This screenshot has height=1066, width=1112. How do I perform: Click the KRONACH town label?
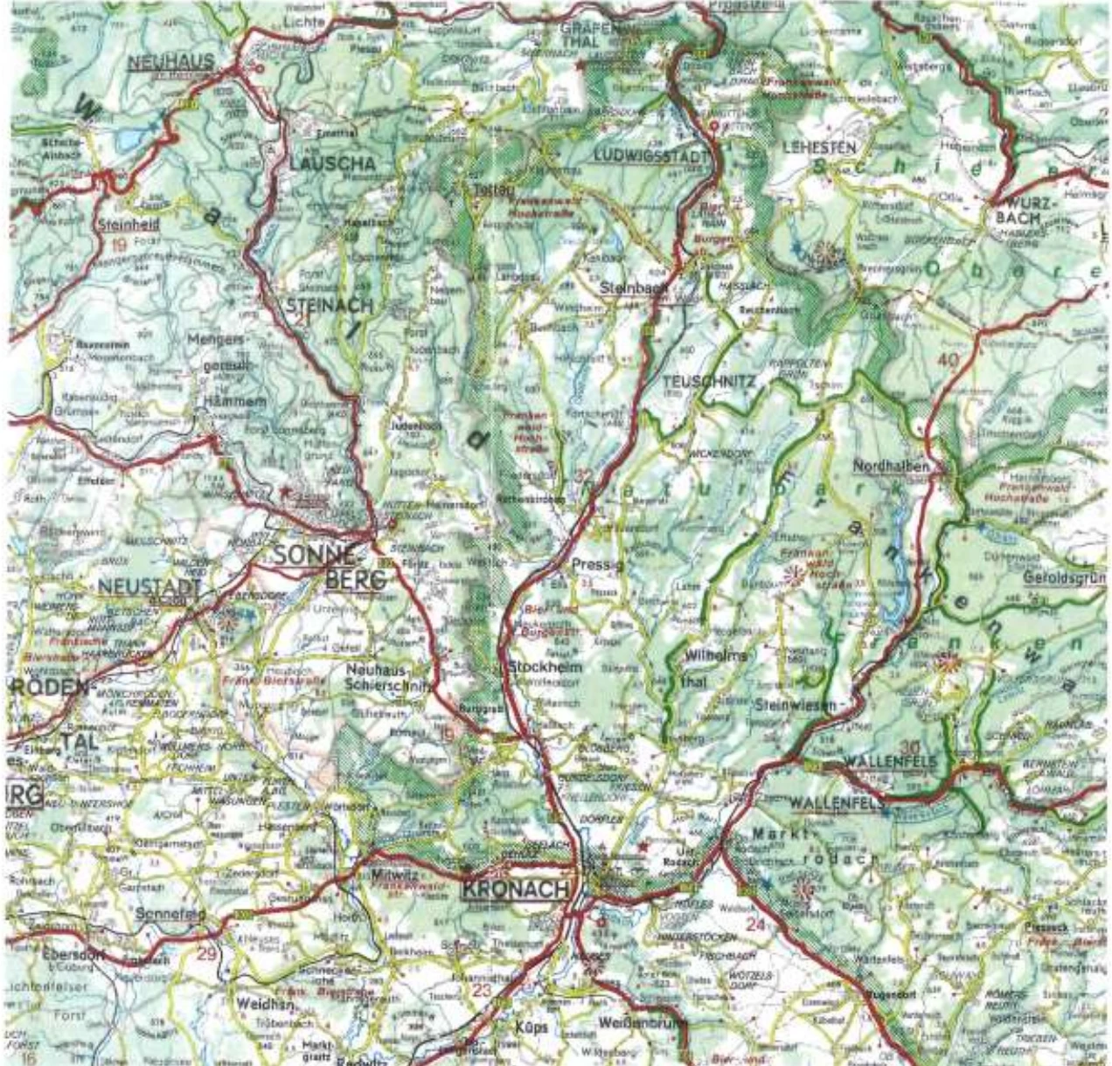tap(514, 889)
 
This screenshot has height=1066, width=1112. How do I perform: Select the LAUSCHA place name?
tap(332, 163)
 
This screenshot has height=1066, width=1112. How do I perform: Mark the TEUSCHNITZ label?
tap(708, 381)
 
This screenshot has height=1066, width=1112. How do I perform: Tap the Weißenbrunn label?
tap(643, 1022)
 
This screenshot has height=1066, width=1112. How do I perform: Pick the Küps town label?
tap(530, 1027)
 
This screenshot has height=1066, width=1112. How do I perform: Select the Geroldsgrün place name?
tap(1063, 578)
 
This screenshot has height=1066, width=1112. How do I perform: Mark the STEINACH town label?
tap(330, 305)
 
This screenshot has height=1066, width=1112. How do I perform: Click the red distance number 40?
tap(947, 360)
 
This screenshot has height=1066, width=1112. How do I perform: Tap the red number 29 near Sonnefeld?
tap(206, 953)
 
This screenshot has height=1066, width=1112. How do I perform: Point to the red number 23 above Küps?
tap(482, 990)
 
